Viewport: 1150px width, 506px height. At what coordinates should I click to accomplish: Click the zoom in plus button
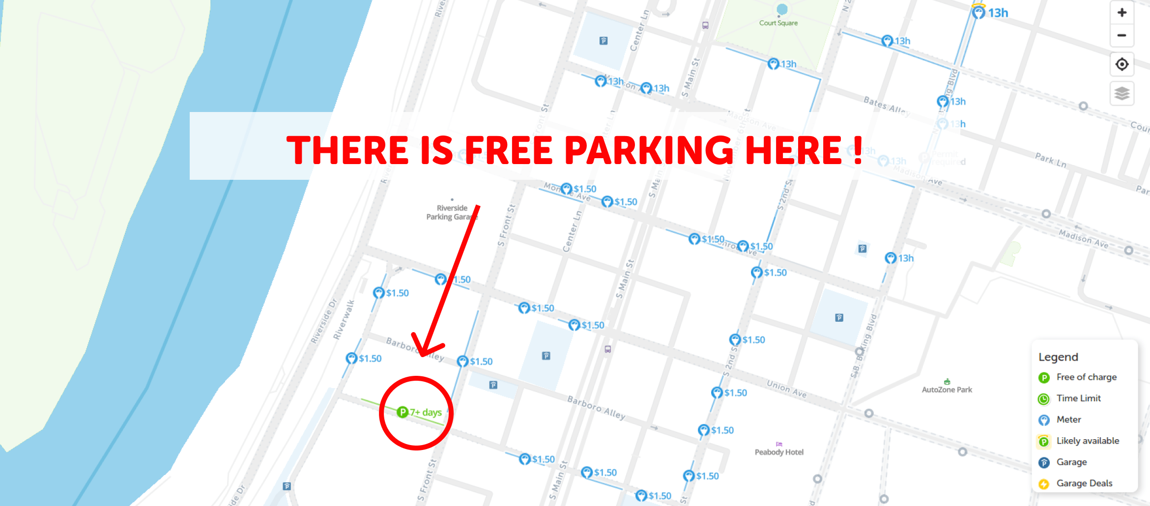pyautogui.click(x=1121, y=13)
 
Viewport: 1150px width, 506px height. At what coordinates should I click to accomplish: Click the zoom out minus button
pyautogui.click(x=1121, y=35)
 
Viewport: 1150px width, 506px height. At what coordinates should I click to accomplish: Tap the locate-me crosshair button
pyautogui.click(x=1121, y=64)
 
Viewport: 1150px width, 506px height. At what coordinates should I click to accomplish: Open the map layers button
pyautogui.click(x=1121, y=93)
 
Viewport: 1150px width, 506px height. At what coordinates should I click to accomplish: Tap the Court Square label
pyautogui.click(x=778, y=23)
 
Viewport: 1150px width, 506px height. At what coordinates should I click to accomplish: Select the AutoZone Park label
pyautogui.click(x=947, y=390)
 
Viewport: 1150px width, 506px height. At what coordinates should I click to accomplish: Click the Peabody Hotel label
pyautogui.click(x=779, y=452)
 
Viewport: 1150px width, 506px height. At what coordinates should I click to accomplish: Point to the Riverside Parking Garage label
pyautogui.click(x=451, y=213)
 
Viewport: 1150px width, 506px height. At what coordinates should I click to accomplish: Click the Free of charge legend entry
pyautogui.click(x=1086, y=377)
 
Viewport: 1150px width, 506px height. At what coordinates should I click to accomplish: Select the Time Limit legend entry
pyautogui.click(x=1078, y=398)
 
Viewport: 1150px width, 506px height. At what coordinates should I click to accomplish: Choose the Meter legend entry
pyautogui.click(x=1068, y=420)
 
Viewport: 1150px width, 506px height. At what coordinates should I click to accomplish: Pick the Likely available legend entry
pyautogui.click(x=1087, y=441)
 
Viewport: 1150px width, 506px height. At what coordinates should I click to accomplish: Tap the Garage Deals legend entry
pyautogui.click(x=1084, y=483)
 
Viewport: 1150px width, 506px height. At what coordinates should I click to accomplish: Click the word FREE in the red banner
pyautogui.click(x=508, y=150)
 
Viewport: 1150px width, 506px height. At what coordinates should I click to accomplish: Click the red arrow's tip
pyautogui.click(x=422, y=356)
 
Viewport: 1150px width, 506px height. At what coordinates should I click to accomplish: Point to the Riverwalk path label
pyautogui.click(x=344, y=320)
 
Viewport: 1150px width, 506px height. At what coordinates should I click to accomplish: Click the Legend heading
pyautogui.click(x=1058, y=357)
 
